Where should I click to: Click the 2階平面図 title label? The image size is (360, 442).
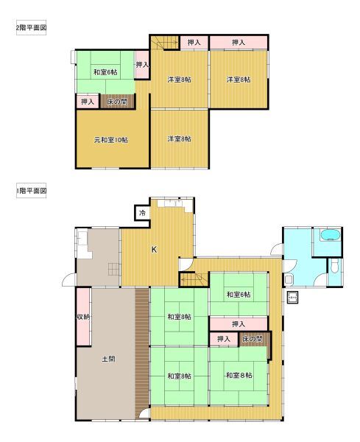tap(31, 28)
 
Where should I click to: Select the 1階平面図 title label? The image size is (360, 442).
tap(31, 191)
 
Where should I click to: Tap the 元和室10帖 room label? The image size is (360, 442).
tap(110, 140)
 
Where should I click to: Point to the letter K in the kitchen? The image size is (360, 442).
tap(154, 250)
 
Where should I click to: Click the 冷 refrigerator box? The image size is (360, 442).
tap(142, 213)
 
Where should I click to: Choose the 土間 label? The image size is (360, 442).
tap(108, 359)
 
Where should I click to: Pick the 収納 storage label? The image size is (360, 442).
tap(83, 317)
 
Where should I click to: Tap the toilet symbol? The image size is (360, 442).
tap(334, 266)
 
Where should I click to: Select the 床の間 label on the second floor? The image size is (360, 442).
tap(117, 101)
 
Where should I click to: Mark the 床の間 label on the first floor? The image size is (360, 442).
tap(253, 339)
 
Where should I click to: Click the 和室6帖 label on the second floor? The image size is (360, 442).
tap(105, 72)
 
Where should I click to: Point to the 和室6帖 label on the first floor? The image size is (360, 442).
tap(239, 295)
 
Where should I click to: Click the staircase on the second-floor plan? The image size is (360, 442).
tap(164, 43)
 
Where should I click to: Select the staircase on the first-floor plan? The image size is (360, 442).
tap(194, 280)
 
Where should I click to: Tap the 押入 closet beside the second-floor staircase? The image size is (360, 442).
tap(194, 43)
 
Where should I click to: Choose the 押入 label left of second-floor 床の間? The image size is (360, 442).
tap(88, 102)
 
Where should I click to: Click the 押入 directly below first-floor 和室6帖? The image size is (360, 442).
tap(239, 324)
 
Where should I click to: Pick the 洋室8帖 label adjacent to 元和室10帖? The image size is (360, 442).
tap(180, 138)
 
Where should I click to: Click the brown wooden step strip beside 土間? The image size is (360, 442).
tap(142, 353)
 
